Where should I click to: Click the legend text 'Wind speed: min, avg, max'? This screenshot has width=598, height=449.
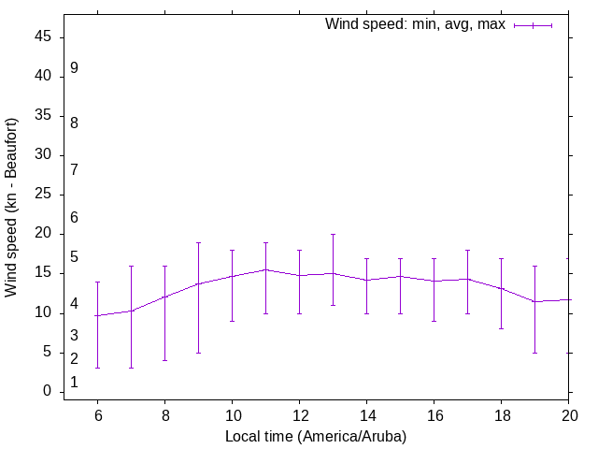[x=415, y=24]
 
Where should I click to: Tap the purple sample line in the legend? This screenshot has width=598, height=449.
[x=534, y=25]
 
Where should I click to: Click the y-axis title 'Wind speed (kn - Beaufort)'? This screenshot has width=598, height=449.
[x=11, y=208]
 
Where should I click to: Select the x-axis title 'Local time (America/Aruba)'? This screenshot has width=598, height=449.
[x=316, y=436]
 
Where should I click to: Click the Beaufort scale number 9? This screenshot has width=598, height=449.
[x=74, y=68]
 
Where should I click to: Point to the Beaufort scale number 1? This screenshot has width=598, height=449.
[x=74, y=383]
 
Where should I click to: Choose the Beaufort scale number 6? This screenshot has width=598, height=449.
[x=74, y=217]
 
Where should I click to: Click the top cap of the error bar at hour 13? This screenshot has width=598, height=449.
[x=333, y=234]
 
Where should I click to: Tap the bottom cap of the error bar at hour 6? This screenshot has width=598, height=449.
[x=97, y=368]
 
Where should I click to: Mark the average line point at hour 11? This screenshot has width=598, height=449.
[x=265, y=269]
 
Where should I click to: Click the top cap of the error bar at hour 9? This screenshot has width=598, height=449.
[x=198, y=242]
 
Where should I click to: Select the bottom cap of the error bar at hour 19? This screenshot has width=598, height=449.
[x=534, y=353]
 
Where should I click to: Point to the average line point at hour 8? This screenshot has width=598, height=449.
[x=164, y=297]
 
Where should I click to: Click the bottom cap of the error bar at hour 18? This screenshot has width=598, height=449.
[x=501, y=328]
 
